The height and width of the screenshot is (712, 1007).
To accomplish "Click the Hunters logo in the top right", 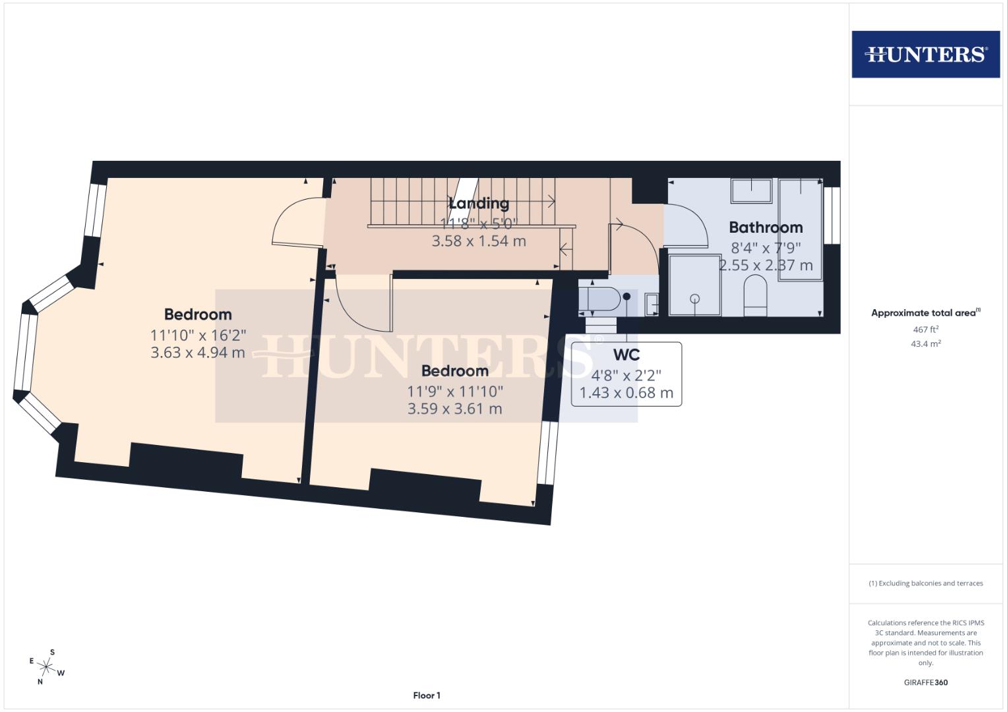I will tap(925, 54).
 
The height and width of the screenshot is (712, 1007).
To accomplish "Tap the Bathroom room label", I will tap(766, 227).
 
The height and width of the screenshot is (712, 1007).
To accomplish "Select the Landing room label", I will tap(479, 203).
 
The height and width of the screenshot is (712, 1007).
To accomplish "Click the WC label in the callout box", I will tap(626, 355).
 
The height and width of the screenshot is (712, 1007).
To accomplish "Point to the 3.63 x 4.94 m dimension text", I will tap(198, 353).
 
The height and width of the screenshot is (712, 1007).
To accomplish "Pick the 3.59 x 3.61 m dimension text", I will tap(454, 409).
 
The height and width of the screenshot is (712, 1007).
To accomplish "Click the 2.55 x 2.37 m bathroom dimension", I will tap(766, 266).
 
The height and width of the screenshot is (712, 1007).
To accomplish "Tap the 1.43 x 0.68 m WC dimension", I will tap(626, 394).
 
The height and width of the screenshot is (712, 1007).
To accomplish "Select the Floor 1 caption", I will tap(426, 696).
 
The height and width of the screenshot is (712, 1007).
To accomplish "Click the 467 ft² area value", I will tap(925, 329).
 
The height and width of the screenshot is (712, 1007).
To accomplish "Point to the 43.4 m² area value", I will tap(925, 343).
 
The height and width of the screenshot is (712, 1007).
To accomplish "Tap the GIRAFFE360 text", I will tap(925, 682).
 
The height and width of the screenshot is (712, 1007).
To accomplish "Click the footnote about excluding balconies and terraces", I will tap(925, 583).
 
